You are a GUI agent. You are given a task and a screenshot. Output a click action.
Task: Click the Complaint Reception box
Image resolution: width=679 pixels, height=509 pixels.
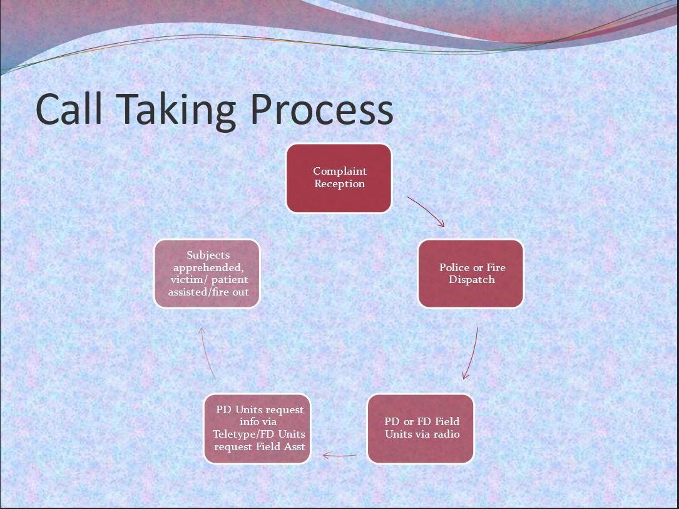click(x=339, y=178)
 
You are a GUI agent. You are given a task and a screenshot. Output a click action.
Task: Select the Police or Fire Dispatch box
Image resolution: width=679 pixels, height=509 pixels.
click(x=471, y=274)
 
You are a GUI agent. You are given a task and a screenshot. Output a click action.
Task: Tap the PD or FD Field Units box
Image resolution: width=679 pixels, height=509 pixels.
click(x=421, y=428)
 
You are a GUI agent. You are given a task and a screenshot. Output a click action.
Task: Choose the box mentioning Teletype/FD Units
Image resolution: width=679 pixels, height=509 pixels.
click(x=257, y=428)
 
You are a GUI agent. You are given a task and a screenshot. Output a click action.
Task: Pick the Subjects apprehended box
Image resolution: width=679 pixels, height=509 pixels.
click(x=207, y=274)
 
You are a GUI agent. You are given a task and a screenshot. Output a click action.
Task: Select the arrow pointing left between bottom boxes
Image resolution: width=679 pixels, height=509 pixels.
click(x=339, y=455)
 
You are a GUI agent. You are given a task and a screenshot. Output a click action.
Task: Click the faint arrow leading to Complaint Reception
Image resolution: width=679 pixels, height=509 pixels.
click(x=253, y=211)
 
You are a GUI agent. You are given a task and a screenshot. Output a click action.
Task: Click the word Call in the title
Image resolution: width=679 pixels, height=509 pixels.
click(x=69, y=109)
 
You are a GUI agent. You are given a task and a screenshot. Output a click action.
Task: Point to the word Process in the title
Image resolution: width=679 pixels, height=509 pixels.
click(x=322, y=109)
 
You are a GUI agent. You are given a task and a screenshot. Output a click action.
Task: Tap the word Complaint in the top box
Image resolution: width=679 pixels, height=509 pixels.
click(x=340, y=172)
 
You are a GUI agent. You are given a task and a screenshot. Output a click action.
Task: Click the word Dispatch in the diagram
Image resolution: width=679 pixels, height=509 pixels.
click(x=472, y=279)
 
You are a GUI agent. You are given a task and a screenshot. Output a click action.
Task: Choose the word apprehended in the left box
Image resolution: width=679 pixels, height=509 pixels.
click(x=209, y=268)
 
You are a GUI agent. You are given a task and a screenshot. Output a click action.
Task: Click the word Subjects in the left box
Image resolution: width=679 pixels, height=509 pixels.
click(x=208, y=255)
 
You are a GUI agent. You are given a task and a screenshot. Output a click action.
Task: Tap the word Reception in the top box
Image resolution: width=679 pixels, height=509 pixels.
click(x=339, y=184)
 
